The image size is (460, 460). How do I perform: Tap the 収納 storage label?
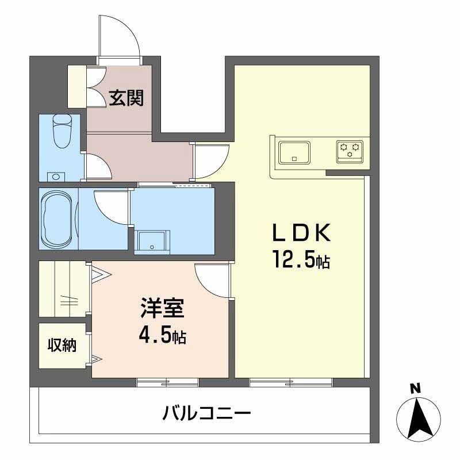tap(61, 346)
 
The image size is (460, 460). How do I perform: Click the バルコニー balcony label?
tap(206, 412)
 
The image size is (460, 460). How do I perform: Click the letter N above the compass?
tap(414, 388)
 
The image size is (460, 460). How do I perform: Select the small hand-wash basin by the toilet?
tap(55, 177)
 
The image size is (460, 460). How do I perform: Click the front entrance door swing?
tap(119, 34)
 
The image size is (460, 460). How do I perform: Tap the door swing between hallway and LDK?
tap(210, 160)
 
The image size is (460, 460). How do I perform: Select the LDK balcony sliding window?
tap(291, 381)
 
